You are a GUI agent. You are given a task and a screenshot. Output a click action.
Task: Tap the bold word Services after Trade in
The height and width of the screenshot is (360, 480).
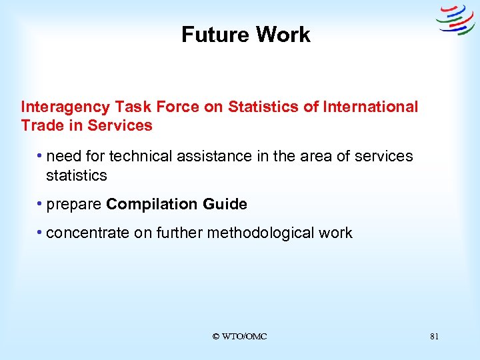point(120,125)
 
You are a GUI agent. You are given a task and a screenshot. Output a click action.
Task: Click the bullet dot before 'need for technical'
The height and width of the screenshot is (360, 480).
point(41,156)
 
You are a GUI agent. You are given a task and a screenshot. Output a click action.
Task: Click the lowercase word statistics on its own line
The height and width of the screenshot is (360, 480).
point(76,175)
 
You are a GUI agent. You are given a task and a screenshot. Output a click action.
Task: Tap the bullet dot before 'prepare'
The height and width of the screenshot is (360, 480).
point(41,204)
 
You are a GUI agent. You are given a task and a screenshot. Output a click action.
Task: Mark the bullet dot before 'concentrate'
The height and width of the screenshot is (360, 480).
point(41,233)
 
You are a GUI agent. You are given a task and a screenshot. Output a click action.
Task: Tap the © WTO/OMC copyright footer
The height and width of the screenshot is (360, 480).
point(239,337)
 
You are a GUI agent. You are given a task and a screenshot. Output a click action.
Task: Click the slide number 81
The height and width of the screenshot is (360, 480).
point(434,337)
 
